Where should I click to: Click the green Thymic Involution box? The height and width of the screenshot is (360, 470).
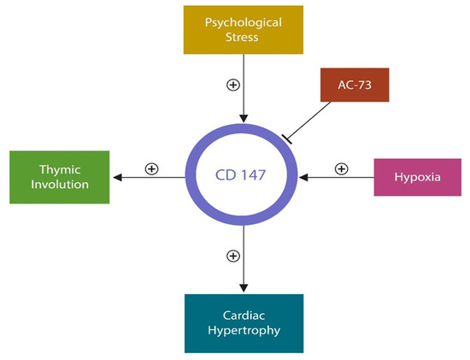pos(60,178)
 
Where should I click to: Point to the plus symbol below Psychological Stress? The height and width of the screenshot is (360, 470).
pos(232,85)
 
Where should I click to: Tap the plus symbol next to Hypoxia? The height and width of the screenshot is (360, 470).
pos(341,168)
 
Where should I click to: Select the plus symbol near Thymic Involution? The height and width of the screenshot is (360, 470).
pos(152,168)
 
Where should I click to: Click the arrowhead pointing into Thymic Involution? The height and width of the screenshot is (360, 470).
pos(117,178)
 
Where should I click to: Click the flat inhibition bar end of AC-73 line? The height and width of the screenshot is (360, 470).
pos(287,138)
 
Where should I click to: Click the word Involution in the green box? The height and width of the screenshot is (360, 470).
pos(60,186)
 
